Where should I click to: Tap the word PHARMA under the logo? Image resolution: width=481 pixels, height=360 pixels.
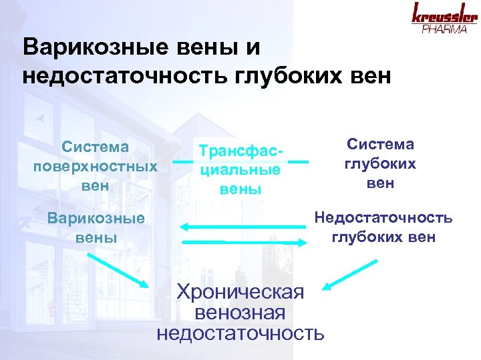pos(444,29)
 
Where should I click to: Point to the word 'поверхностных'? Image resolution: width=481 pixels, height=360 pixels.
pos(96,165)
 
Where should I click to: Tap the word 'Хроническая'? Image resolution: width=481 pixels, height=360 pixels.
pos(240,291)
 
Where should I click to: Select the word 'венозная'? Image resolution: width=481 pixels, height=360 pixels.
pos(240,312)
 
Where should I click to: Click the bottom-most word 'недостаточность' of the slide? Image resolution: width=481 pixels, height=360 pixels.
pos(240,332)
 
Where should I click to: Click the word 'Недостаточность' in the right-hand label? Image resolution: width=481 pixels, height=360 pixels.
pos(383,219)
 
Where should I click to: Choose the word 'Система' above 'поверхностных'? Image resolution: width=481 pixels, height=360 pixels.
pos(96,146)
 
